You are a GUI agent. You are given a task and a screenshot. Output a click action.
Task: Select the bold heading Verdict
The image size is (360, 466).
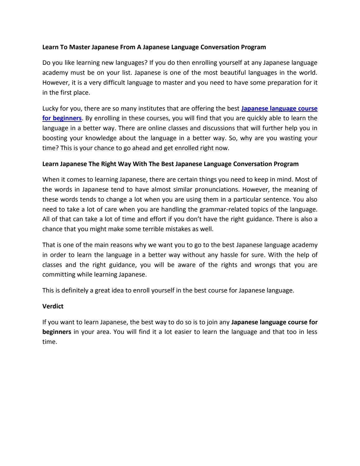pyautogui.click(x=53, y=306)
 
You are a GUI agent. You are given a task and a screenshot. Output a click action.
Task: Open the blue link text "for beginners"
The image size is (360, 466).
pyautogui.click(x=62, y=118)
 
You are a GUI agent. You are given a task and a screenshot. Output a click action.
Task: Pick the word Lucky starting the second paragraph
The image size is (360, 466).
pyautogui.click(x=50, y=109)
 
